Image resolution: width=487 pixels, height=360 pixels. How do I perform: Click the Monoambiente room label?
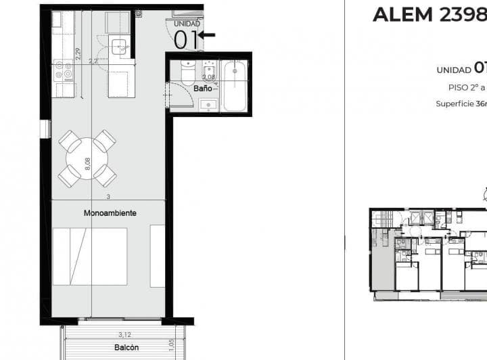click(110, 213)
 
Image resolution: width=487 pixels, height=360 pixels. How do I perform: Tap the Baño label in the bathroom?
click(202, 89)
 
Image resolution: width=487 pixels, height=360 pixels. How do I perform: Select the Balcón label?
click(126, 347)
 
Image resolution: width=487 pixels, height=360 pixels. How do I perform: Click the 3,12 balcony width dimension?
click(124, 334)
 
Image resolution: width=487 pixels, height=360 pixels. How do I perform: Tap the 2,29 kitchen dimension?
click(78, 53)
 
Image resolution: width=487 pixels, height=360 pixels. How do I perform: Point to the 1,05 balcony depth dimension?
click(171, 345)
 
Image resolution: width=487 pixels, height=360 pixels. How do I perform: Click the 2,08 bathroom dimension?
click(208, 77)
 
